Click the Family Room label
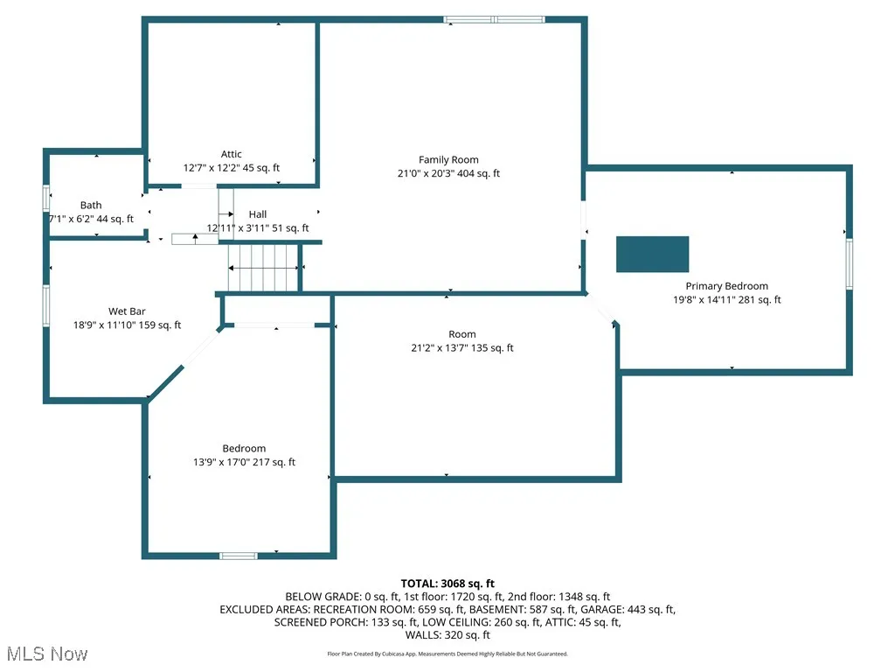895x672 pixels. (x=448, y=159)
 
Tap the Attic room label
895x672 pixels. (x=231, y=154)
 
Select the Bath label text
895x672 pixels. (x=91, y=206)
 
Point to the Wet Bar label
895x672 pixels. (x=127, y=311)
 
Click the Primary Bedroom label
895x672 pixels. (x=726, y=286)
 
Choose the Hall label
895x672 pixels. (x=258, y=214)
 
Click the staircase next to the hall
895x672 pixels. (x=263, y=267)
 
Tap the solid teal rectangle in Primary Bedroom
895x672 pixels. (x=652, y=254)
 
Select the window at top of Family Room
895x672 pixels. (x=494, y=19)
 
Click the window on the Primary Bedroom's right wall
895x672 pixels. (x=848, y=263)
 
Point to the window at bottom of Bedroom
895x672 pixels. (x=238, y=556)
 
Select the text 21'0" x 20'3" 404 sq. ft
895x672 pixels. (x=448, y=173)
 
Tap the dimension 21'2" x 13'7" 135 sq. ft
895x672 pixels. (x=462, y=347)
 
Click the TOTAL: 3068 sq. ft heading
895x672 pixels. (x=447, y=583)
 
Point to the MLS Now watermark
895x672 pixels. (x=47, y=654)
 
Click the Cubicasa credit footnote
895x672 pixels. (x=447, y=654)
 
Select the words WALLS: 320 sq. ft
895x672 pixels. (x=447, y=635)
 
